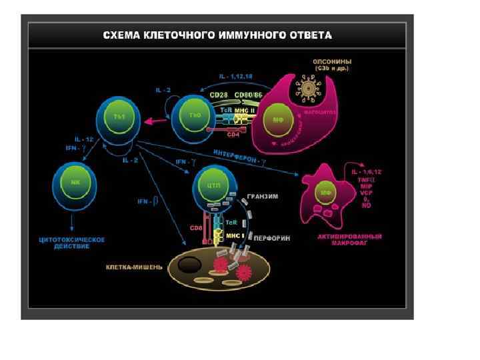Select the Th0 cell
[195, 116]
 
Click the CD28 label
[219, 95]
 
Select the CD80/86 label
[248, 95]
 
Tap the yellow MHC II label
[245, 109]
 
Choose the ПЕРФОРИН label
[271, 238]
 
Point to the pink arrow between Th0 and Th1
[157, 121]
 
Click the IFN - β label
[147, 201]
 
